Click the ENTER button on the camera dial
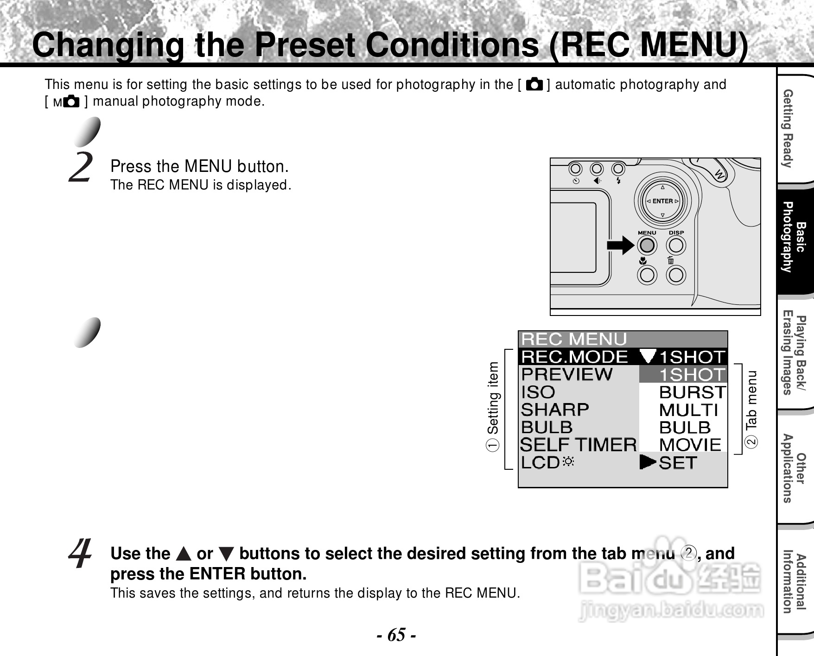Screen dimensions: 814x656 coord(662,201)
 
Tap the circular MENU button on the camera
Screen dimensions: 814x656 coord(647,245)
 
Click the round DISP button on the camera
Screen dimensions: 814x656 coord(676,245)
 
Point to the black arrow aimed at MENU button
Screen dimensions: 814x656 coord(620,245)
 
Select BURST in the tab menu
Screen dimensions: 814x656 coord(692,392)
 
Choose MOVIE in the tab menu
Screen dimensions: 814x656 coord(690,445)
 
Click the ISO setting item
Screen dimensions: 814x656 coord(538,392)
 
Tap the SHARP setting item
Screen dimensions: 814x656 coord(555,410)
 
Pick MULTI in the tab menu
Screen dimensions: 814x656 coord(688,410)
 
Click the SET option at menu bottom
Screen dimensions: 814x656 coord(678,463)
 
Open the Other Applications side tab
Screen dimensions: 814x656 coord(794,468)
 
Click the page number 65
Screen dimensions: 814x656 coord(396,634)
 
